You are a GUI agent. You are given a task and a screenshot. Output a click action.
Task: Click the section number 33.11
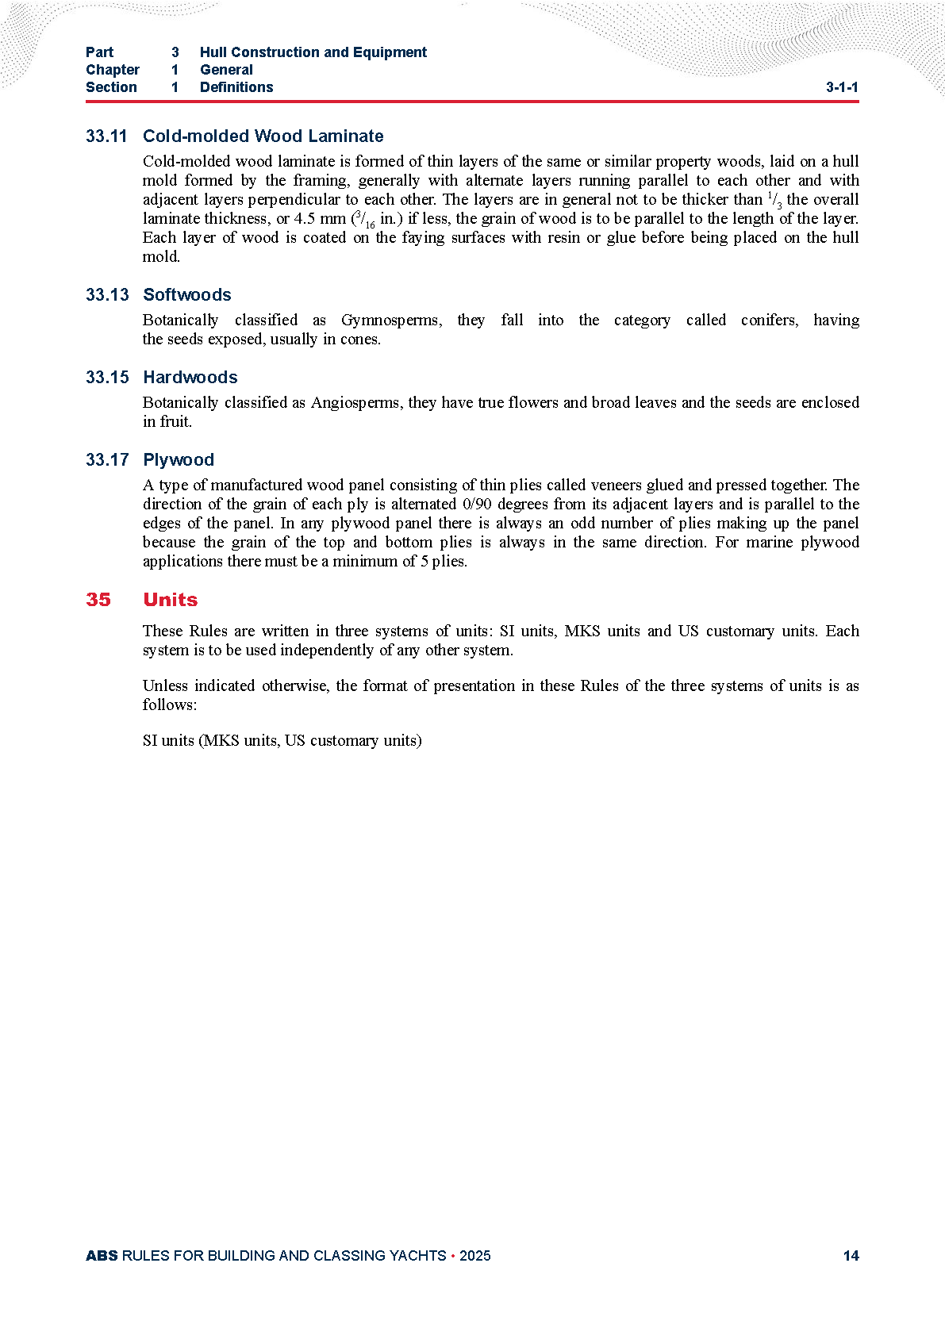coord(106,136)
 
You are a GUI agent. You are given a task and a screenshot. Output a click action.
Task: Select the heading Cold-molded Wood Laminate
coord(263,136)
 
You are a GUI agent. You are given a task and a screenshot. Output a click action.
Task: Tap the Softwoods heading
coord(186,295)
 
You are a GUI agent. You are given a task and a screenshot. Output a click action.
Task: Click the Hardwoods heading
coord(190,378)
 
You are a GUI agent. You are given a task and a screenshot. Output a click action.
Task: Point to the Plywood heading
coord(178,460)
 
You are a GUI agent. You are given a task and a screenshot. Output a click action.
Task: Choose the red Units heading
coord(170,600)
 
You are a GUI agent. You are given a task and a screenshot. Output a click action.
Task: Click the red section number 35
coord(98,600)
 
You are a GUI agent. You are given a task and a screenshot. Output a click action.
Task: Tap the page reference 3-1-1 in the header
coord(841,88)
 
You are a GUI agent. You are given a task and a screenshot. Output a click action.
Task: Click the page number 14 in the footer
coord(851,1256)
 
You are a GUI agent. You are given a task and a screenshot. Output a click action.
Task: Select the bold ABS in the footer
coord(102,1256)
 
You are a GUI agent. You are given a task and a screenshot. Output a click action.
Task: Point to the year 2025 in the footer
coord(474,1256)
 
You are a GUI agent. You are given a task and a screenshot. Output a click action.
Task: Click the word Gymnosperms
coord(390,321)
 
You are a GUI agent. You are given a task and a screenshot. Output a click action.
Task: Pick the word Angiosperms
coord(355,403)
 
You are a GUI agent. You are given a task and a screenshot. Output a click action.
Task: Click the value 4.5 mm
coord(320,219)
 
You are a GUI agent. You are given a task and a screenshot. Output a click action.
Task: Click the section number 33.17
coord(106,460)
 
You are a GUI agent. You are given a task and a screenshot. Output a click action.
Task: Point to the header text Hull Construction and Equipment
coord(313,52)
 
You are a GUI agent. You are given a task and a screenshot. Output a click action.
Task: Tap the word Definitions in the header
coord(236,87)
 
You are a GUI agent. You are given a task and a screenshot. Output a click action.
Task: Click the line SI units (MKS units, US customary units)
coord(282,741)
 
